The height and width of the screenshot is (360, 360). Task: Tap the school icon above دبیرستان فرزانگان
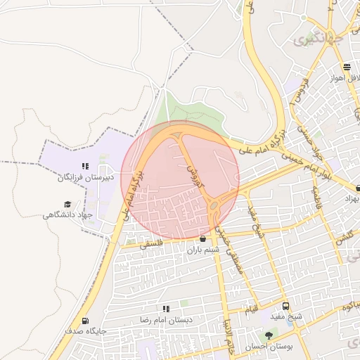(x=85, y=167)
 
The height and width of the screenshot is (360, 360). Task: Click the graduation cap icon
(x=68, y=204)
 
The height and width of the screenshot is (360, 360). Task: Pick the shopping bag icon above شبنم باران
(x=203, y=239)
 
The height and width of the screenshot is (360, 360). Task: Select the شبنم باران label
(x=204, y=249)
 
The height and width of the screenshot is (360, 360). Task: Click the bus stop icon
(x=285, y=307)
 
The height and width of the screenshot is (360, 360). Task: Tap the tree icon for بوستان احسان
(x=268, y=336)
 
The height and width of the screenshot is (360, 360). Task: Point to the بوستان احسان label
(x=271, y=347)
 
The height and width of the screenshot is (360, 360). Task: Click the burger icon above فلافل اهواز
(x=348, y=67)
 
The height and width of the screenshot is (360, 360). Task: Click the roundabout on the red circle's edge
(x=213, y=205)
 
